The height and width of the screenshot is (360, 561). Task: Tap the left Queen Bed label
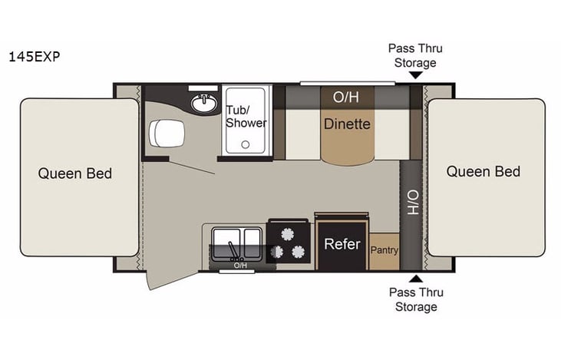75,173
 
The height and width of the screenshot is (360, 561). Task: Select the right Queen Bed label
483,171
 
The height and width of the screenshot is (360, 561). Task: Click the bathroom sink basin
203,102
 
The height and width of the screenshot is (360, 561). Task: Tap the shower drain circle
246,144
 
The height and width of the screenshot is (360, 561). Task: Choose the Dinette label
347,124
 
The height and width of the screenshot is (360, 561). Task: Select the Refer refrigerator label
342,244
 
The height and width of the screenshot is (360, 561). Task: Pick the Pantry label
384,250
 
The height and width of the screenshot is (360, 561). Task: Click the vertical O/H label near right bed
411,203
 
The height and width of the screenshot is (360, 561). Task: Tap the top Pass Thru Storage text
415,55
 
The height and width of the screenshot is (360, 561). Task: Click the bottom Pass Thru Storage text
415,299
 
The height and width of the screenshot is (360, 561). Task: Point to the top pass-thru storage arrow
415,75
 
